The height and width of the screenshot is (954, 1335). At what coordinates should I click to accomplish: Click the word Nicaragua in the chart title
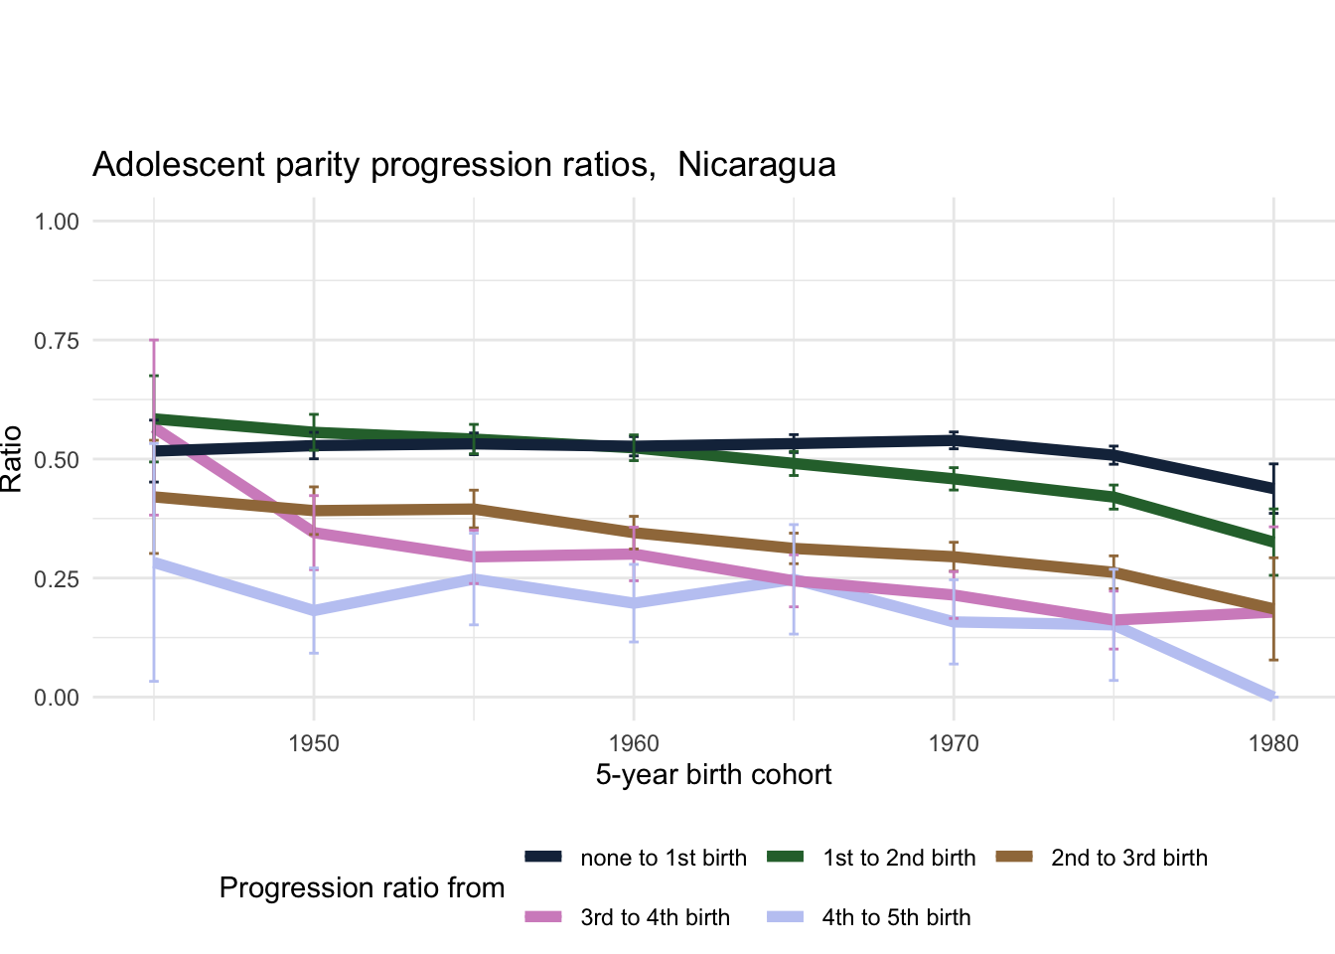[756, 164]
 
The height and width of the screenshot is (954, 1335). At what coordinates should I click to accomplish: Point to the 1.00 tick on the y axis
[57, 221]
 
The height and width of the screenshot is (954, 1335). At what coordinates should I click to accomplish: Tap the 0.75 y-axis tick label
[57, 341]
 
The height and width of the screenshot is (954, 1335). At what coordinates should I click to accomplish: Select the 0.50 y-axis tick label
[57, 459]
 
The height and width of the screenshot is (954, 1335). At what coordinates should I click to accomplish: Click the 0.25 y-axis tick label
[57, 578]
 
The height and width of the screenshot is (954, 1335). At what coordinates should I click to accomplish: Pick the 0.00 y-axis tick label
[57, 698]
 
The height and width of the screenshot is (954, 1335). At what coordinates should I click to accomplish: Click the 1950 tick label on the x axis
[314, 743]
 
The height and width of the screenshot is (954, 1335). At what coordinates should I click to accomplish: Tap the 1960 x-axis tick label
[634, 743]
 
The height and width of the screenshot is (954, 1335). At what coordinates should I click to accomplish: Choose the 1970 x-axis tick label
[954, 743]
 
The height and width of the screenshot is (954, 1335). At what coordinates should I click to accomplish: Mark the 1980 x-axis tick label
[1273, 743]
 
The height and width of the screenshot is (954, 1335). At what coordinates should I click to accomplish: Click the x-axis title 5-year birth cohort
[713, 775]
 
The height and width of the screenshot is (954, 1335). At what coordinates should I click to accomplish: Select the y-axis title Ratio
[12, 459]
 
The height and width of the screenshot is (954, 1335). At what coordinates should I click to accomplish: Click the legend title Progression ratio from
[362, 887]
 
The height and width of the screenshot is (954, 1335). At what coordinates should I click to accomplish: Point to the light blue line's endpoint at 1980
[1272, 696]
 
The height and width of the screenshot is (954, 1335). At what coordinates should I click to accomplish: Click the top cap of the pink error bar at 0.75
[154, 340]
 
